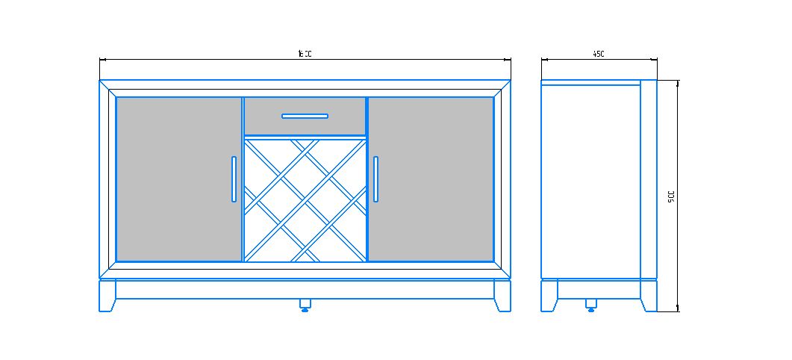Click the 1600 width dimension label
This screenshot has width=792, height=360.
pos(305,54)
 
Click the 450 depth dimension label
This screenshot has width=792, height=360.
pos(598,54)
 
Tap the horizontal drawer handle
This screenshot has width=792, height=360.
pos(305,116)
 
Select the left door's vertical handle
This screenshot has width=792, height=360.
pos(234,179)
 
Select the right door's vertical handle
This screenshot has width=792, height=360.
pos(375,179)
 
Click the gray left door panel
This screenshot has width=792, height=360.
pos(178,179)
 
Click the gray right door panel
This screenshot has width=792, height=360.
pos(431,179)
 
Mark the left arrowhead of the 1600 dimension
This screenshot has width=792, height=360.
pos(102,59)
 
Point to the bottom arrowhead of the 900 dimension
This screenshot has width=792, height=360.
pos(678,308)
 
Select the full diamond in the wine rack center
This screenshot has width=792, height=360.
pos(305,199)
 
